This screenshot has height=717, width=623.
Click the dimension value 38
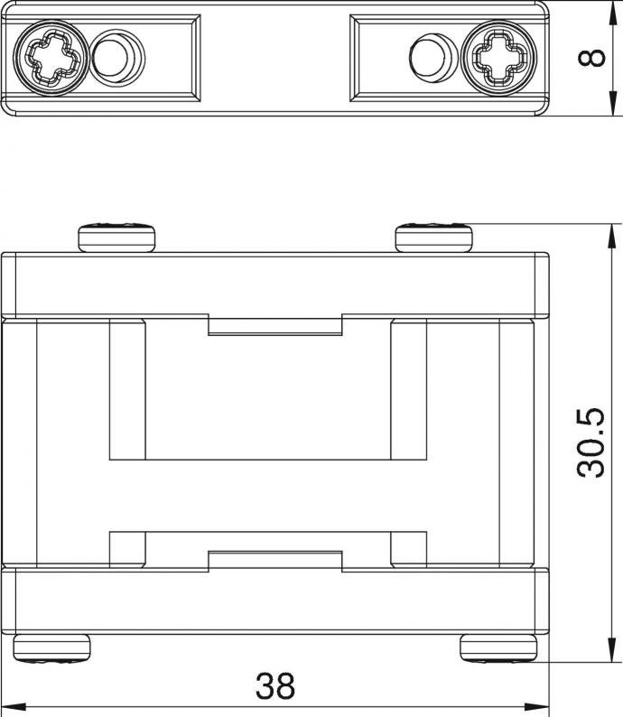point(275,685)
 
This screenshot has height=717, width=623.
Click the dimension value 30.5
point(591,443)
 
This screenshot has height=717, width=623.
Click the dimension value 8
point(591,59)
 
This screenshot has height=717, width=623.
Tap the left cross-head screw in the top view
point(51,58)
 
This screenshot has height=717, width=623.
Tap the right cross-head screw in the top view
point(499,58)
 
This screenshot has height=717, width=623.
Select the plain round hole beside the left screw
point(117,58)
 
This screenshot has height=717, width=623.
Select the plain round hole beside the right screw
point(432,57)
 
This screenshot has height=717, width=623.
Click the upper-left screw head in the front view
point(116,237)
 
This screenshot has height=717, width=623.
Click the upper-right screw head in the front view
point(433,237)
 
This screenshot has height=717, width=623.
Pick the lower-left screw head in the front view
point(51,647)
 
